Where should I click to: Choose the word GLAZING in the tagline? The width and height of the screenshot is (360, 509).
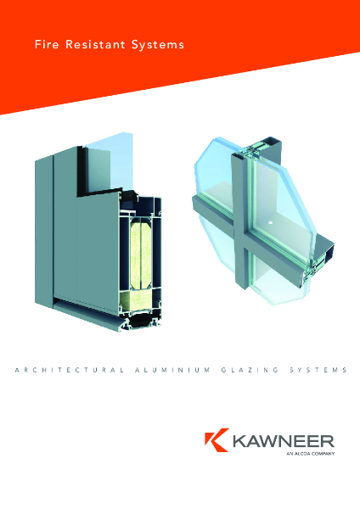[x=252, y=371]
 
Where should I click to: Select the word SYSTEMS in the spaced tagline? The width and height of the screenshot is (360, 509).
[x=317, y=371]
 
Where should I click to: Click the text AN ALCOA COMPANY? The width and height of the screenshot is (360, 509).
[x=311, y=456]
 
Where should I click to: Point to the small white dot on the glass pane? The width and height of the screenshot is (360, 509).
[x=270, y=223]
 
